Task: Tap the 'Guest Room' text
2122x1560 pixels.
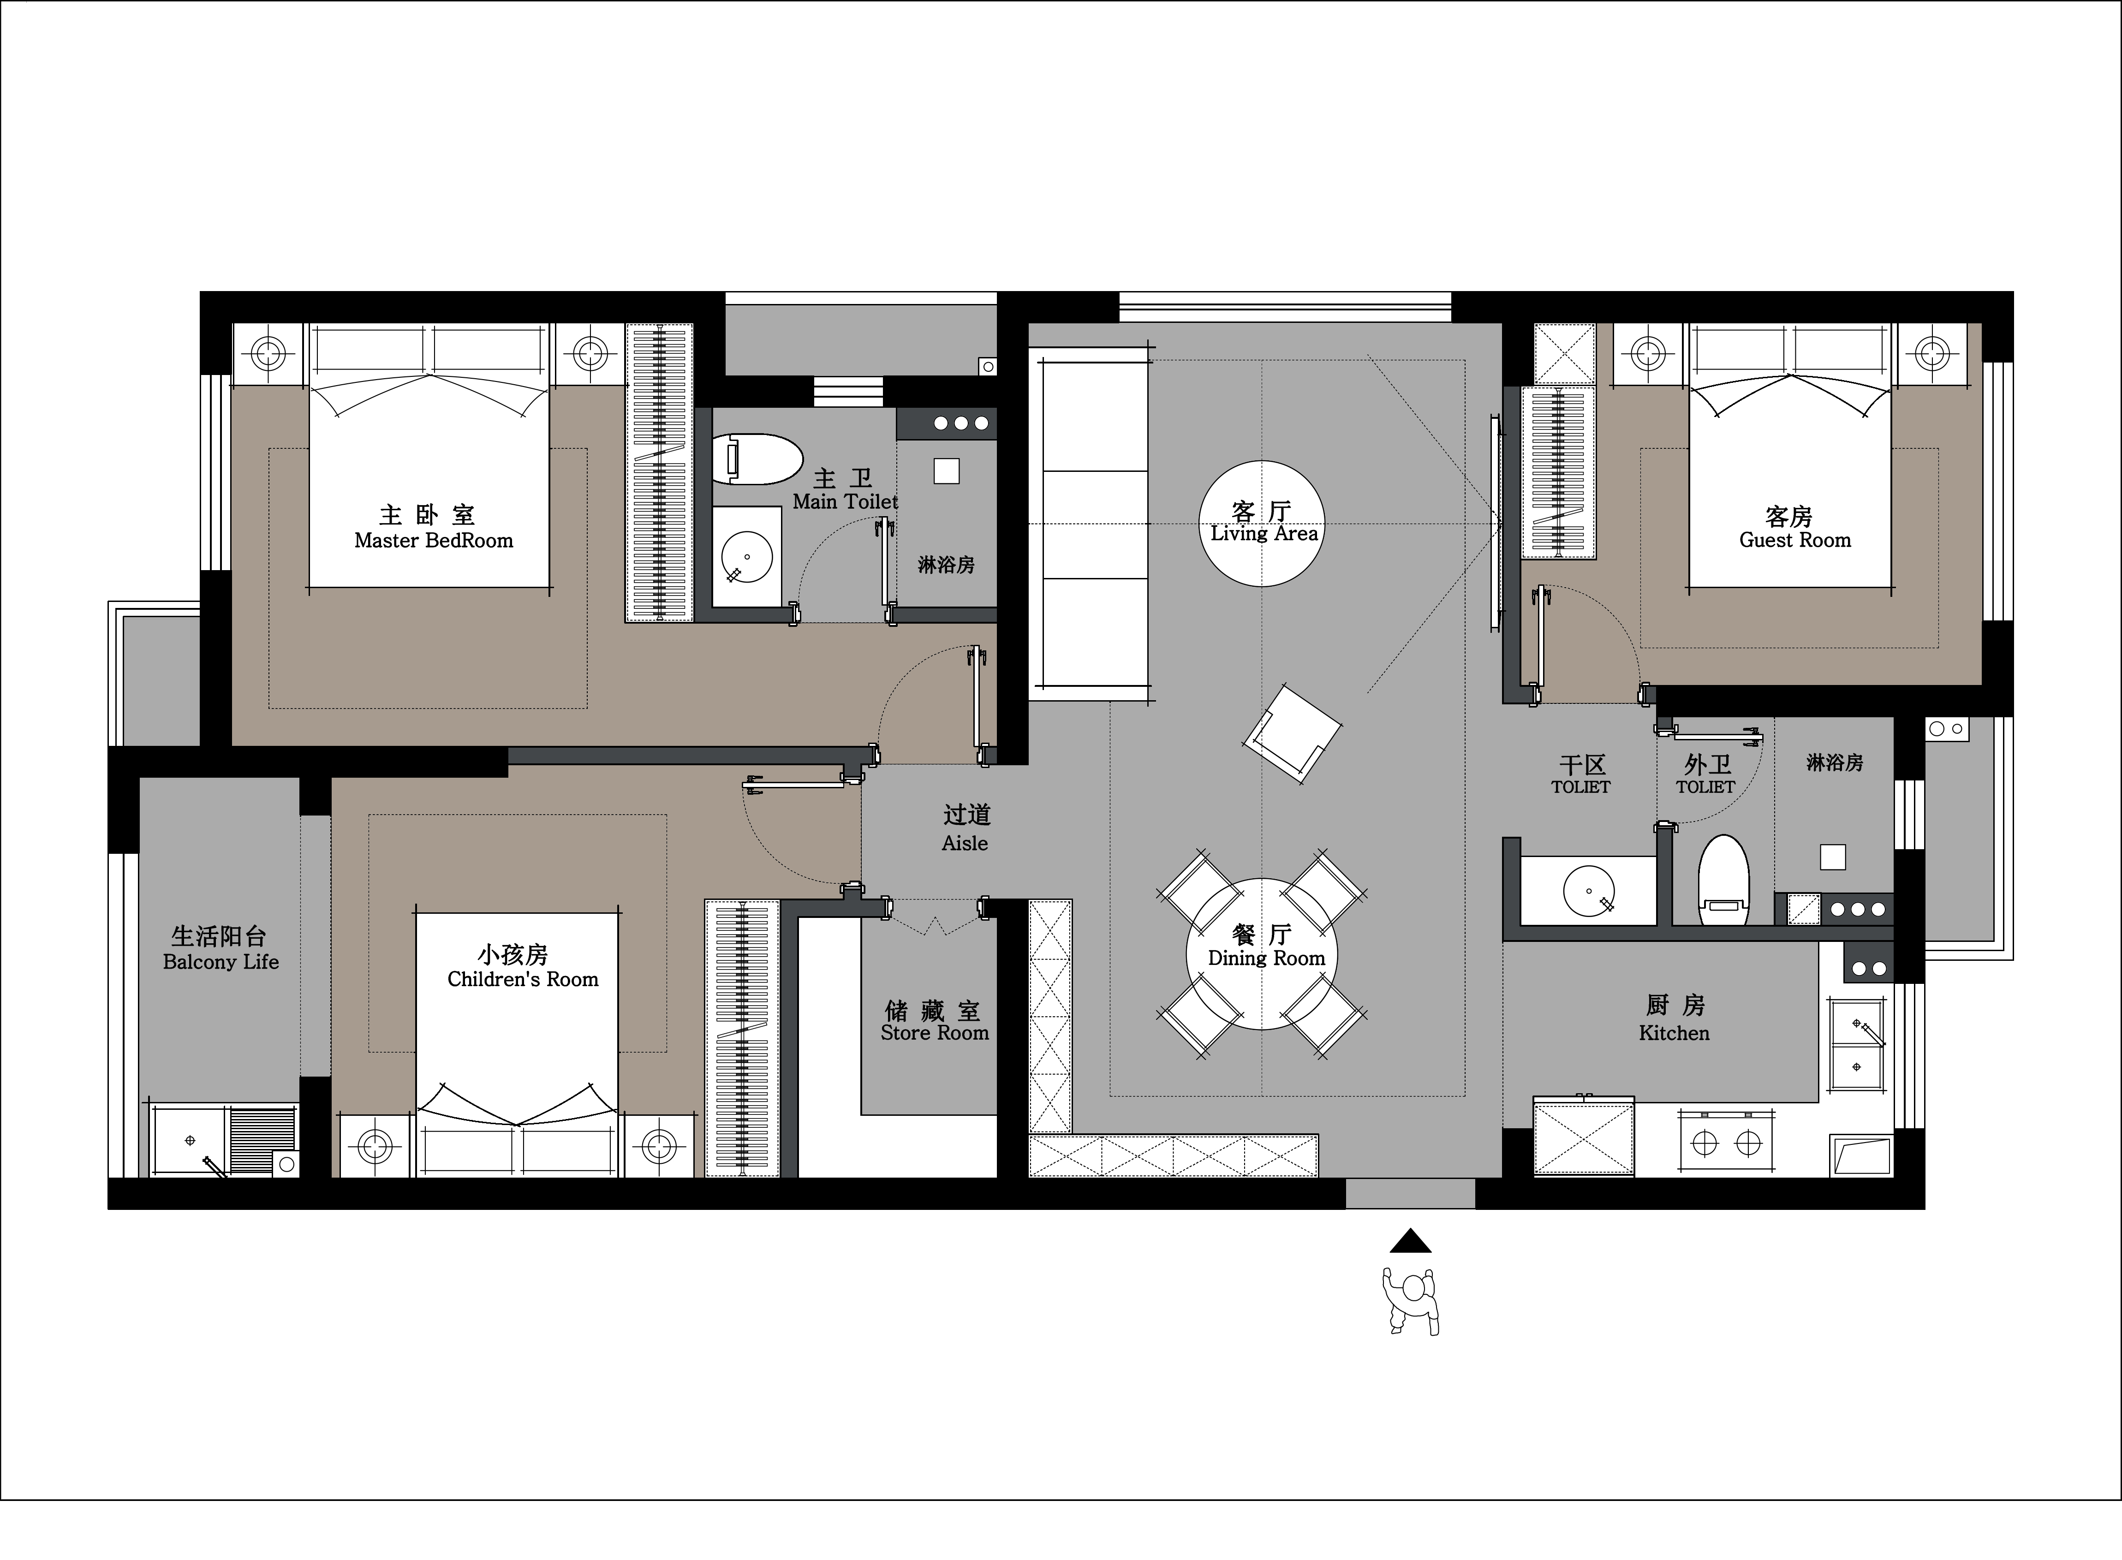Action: [1795, 540]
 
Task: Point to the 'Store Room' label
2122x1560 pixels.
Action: [935, 1033]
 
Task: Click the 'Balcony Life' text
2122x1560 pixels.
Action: [221, 962]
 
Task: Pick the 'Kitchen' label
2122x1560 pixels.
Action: [1675, 1033]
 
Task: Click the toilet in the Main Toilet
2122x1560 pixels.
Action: [756, 459]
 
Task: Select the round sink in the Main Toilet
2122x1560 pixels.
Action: [746, 557]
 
